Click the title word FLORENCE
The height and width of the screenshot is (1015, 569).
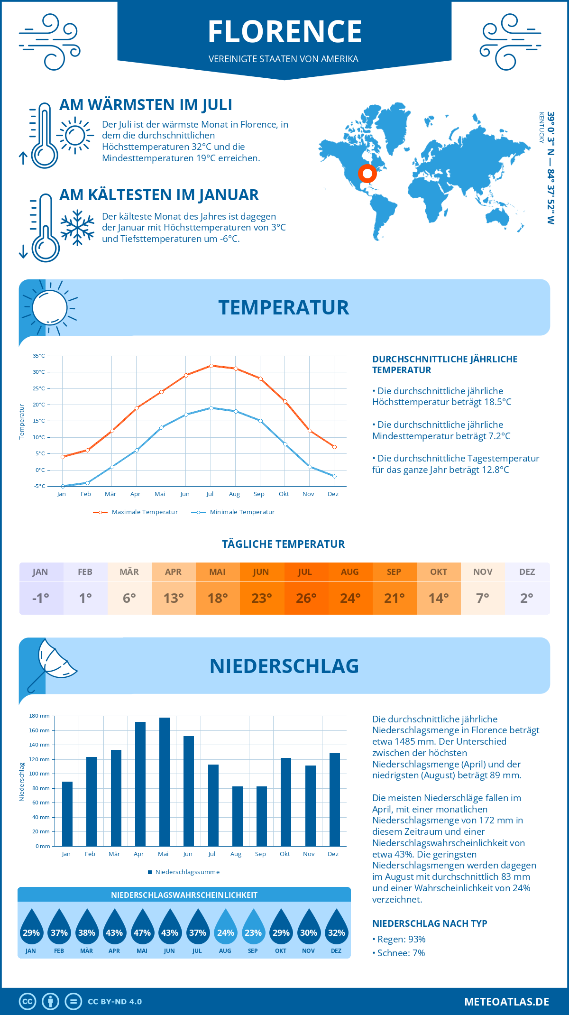[x=284, y=32]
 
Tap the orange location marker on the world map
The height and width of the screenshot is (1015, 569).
[x=367, y=174]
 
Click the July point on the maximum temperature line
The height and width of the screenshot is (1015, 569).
[x=211, y=366]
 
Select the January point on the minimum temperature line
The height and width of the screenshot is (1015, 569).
[x=63, y=486]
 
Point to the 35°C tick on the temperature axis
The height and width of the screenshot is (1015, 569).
[x=39, y=356]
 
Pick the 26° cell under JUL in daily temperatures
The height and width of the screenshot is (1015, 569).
[x=306, y=598]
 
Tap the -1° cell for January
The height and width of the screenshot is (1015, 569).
[x=41, y=598]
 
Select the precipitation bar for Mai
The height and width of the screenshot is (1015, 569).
[x=164, y=782]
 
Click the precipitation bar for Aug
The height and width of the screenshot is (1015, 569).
[x=237, y=816]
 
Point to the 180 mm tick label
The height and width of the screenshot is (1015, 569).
[x=39, y=716]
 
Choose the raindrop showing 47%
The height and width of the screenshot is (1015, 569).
[x=142, y=928]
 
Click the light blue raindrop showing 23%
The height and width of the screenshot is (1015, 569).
[x=253, y=928]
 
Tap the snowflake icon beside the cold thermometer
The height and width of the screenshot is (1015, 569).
[x=77, y=228]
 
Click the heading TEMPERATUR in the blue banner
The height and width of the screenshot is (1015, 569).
[x=284, y=307]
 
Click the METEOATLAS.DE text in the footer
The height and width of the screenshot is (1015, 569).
[x=506, y=1002]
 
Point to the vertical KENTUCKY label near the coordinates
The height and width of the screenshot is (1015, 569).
[x=541, y=128]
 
